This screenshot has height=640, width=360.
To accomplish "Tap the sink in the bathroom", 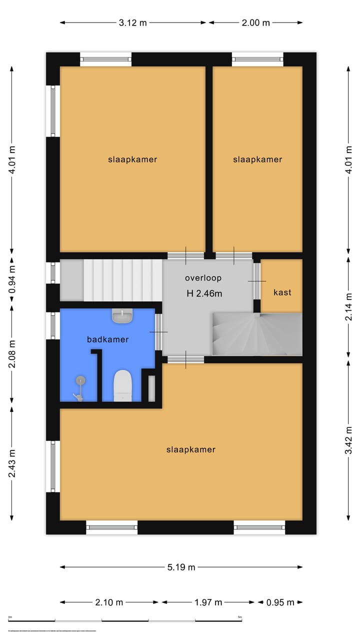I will [122, 316].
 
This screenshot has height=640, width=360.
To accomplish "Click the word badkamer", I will [107, 339].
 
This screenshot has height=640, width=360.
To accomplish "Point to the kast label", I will [282, 292].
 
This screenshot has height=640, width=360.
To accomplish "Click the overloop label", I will [203, 278].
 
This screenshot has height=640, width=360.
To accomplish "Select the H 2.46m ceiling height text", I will [204, 293].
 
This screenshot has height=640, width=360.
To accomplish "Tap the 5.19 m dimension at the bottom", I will [181, 567].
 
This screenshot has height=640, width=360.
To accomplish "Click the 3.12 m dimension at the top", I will [133, 22].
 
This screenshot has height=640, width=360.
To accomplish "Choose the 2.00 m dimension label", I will [256, 22].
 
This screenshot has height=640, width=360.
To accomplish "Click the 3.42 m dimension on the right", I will [349, 440].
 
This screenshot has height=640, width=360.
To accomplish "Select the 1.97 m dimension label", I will [208, 602].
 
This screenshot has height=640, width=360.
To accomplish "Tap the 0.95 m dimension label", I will [280, 602].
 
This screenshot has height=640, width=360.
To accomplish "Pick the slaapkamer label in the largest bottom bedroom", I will [190, 449].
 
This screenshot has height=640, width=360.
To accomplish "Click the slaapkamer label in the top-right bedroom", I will [257, 159].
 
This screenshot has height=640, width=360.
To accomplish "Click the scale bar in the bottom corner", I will [125, 620].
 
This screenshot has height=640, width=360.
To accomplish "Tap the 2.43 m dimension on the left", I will [12, 463].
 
